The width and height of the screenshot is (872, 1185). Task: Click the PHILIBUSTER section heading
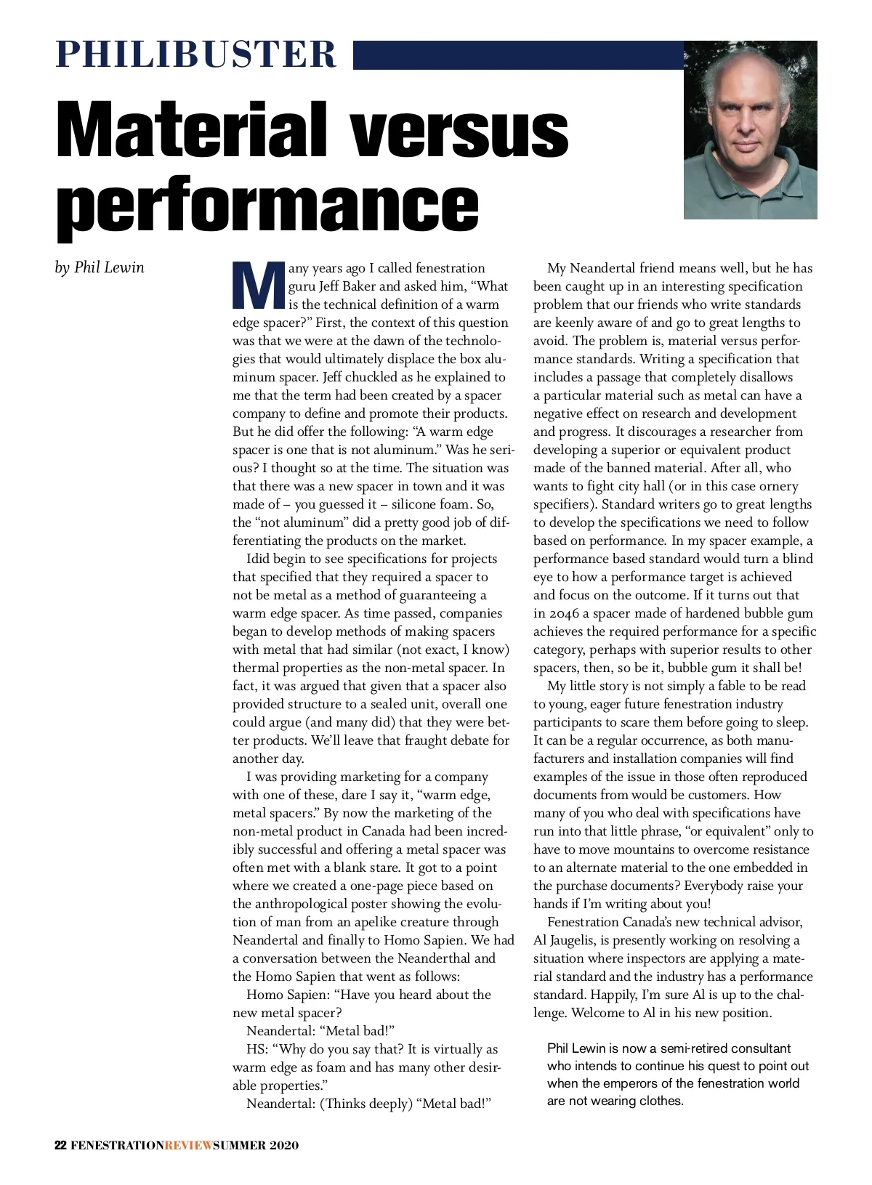click(196, 54)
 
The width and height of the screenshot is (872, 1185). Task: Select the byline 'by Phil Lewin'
click(100, 267)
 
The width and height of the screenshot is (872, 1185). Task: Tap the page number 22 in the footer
click(61, 1146)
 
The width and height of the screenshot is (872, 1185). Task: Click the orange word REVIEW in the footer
click(189, 1146)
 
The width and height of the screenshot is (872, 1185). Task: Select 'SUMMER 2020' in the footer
click(256, 1146)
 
